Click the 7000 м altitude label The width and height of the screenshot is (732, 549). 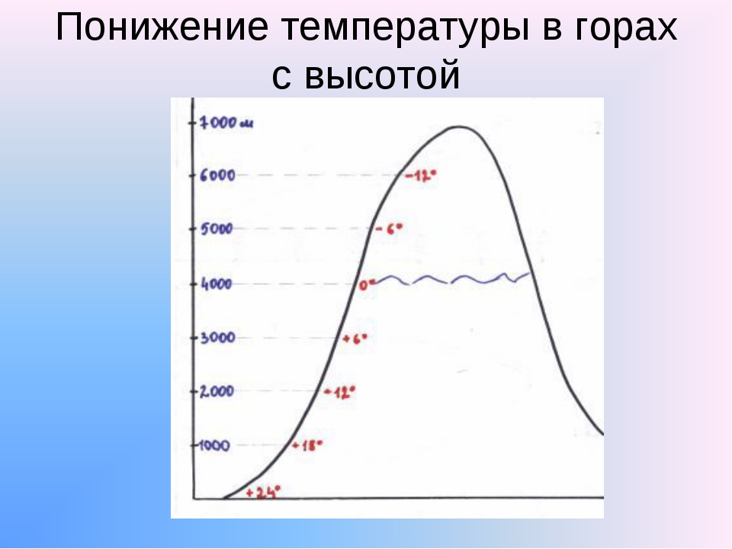click(x=226, y=123)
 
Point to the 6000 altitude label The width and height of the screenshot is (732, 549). click(x=217, y=175)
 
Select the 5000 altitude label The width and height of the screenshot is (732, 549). click(x=217, y=230)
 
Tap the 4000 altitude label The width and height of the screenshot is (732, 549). click(x=216, y=284)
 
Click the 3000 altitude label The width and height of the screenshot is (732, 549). click(x=217, y=338)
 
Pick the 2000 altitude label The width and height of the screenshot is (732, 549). click(x=217, y=391)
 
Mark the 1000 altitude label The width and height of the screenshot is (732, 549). click(x=213, y=445)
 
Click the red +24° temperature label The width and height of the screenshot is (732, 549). click(x=263, y=492)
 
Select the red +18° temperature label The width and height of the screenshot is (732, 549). click(x=307, y=445)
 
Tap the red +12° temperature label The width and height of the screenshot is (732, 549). click(x=340, y=392)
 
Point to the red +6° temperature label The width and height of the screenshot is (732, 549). click(x=355, y=339)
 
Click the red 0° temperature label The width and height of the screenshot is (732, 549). click(x=367, y=284)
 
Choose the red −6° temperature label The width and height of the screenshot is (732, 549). click(x=389, y=229)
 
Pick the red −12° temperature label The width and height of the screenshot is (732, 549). click(x=421, y=176)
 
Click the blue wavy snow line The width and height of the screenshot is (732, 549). click(x=452, y=279)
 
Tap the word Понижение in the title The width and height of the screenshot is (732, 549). click(x=162, y=27)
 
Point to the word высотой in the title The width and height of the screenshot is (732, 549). click(x=382, y=75)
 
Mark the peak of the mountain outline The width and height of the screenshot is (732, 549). click(x=459, y=127)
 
